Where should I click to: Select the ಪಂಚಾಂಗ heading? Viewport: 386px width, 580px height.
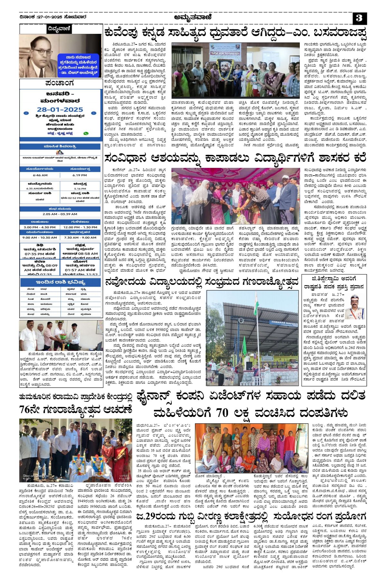60,83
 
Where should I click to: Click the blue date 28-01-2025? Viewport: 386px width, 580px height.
60,110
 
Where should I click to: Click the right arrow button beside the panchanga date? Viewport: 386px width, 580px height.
94,113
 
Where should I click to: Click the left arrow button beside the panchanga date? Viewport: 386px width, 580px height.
26,113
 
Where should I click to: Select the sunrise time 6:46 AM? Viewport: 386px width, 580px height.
40,175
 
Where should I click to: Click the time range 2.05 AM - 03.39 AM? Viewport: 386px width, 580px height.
60,214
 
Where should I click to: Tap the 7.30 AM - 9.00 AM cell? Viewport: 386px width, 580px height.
80,237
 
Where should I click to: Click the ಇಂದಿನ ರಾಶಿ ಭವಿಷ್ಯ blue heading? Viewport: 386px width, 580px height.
60,282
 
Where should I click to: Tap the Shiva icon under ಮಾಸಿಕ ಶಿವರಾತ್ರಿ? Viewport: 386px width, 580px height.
60,152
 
